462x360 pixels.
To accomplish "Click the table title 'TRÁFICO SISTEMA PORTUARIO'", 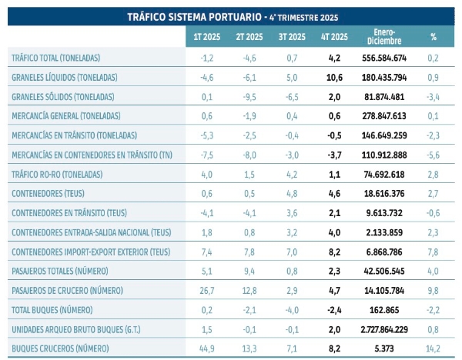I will click(x=179, y=16).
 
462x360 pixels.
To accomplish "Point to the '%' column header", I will click(x=434, y=37).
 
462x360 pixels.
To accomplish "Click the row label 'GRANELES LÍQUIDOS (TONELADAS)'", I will click(x=75, y=78).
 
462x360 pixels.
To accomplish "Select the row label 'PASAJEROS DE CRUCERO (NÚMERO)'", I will click(x=75, y=290).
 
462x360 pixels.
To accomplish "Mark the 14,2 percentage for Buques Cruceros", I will click(x=434, y=348).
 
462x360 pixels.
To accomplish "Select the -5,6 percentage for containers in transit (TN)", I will click(x=434, y=155).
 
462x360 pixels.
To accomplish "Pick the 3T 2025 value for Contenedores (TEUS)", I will click(x=290, y=194).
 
